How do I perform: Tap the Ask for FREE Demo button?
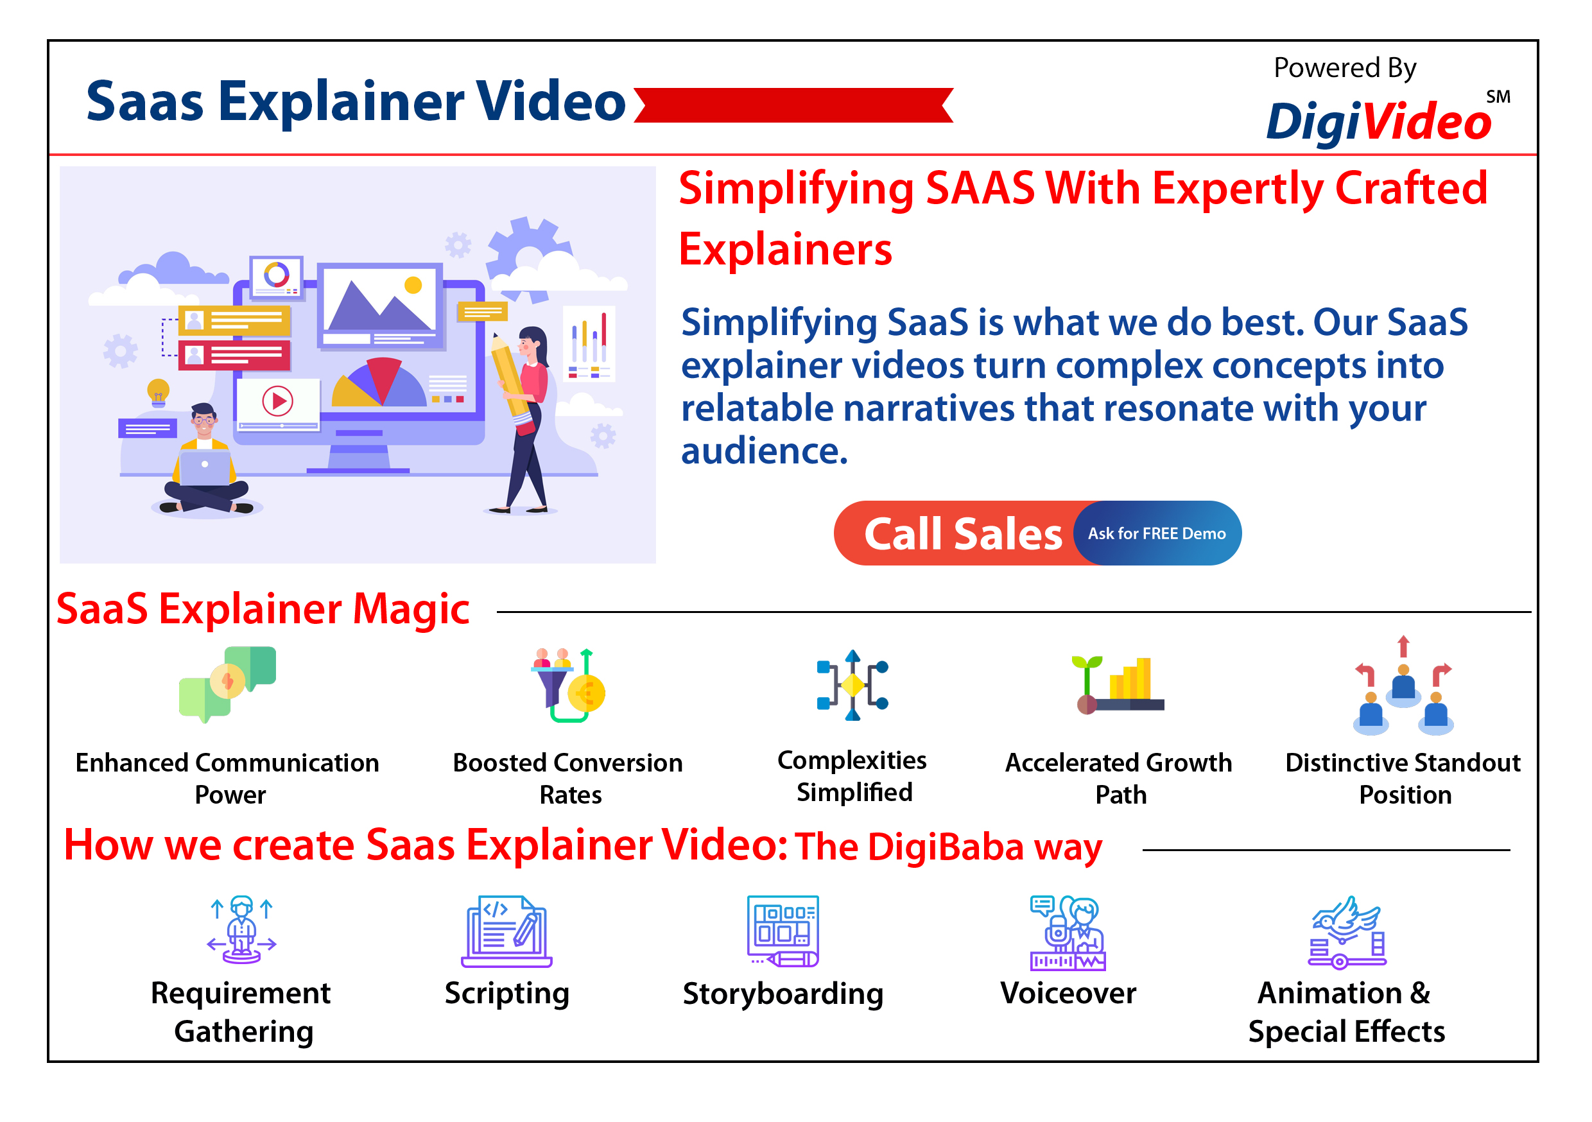tap(1157, 533)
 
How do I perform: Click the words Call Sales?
tap(962, 534)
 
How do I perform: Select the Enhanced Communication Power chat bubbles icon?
tap(227, 684)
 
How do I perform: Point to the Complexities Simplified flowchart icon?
tap(852, 685)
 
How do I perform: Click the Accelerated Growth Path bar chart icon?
tap(1118, 684)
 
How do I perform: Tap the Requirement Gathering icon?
tap(241, 930)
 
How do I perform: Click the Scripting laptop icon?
tap(506, 931)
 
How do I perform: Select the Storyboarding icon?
tap(783, 931)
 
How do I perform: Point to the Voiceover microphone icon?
tap(1068, 932)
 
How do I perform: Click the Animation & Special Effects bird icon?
tap(1347, 931)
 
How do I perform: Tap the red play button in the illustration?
tap(277, 401)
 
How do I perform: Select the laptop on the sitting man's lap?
tap(205, 467)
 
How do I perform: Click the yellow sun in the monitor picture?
tap(413, 285)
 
